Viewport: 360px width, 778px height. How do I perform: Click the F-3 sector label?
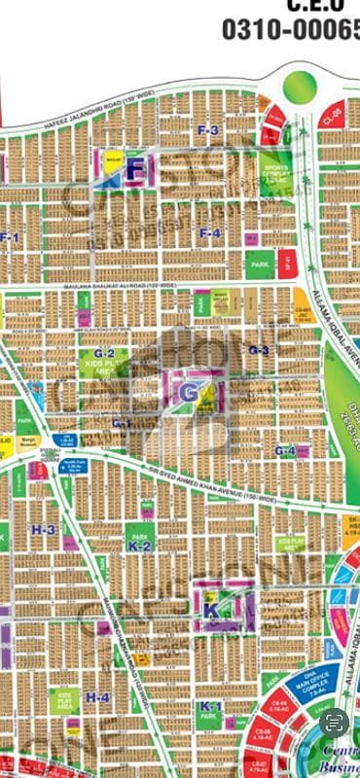pos(208,130)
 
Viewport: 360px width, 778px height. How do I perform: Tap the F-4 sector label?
pos(210,232)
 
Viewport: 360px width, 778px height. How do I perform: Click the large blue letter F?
pos(137,169)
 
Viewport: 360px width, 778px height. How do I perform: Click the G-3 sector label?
pos(258,350)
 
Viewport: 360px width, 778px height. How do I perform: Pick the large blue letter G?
pos(188,391)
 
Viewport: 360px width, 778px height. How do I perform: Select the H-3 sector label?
pos(43,530)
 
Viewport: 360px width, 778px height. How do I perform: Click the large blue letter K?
pos(211,611)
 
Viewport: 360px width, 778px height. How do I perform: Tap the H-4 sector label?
pos(97,697)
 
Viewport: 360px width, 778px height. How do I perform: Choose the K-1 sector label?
pos(207,705)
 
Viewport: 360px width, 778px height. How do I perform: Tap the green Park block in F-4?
pos(258,264)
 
